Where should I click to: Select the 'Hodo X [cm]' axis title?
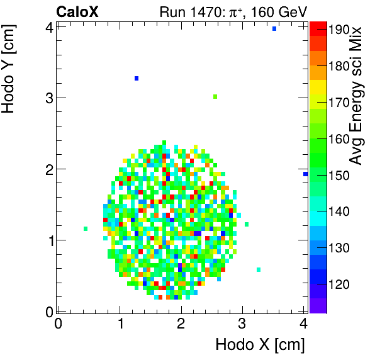point(260,345)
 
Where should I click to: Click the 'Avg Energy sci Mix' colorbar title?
point(357,94)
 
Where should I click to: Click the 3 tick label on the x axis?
point(242,323)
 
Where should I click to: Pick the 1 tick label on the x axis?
point(120,323)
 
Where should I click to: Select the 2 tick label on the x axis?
point(181,323)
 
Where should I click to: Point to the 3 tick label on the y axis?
point(48,98)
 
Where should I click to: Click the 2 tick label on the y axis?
point(48,169)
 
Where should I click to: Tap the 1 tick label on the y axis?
point(48,240)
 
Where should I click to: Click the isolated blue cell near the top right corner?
point(274,28)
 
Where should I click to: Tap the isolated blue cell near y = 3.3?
point(137,78)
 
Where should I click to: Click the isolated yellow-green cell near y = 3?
point(215,96)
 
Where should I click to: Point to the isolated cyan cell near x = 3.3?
point(259,269)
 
